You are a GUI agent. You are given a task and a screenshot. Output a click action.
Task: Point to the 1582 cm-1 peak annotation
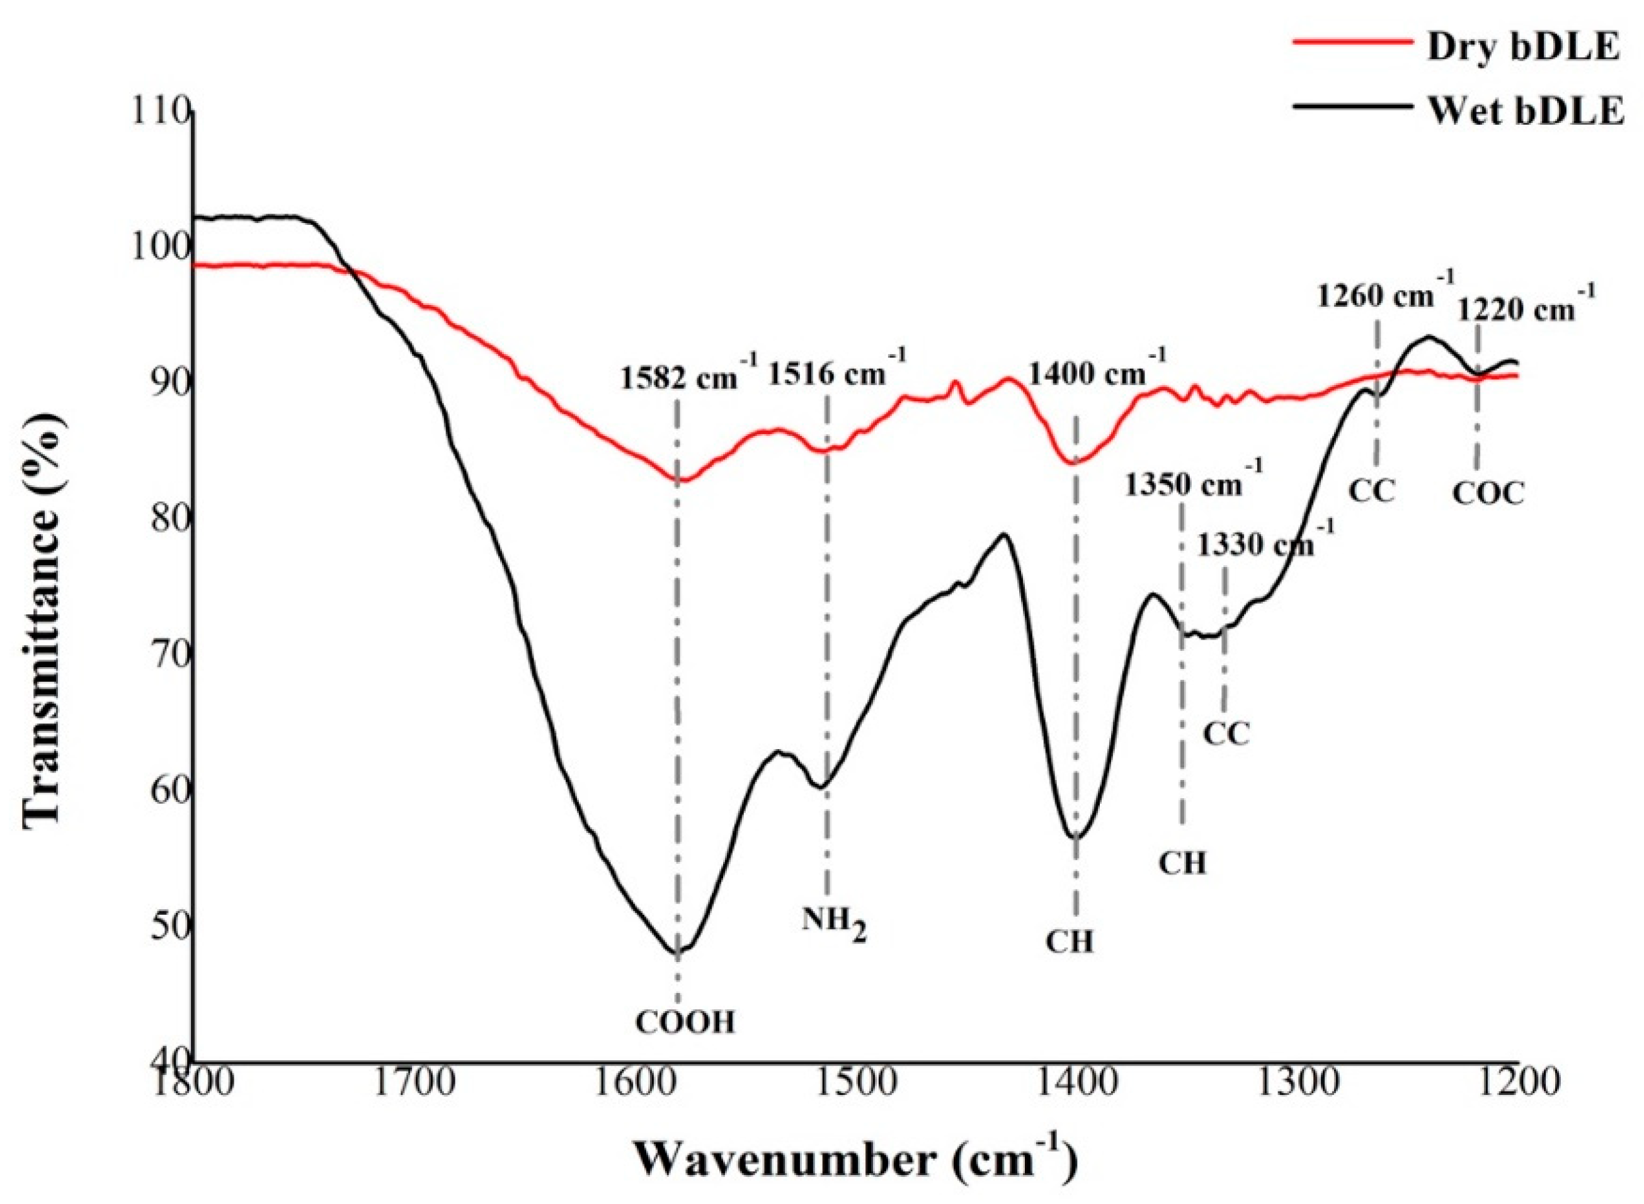pyautogui.click(x=688, y=378)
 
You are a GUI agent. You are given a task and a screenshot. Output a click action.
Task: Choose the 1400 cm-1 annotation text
pyautogui.click(x=1097, y=373)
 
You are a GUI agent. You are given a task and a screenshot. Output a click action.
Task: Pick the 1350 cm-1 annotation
pyautogui.click(x=1193, y=483)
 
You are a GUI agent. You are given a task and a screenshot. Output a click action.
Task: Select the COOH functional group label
pyautogui.click(x=685, y=1023)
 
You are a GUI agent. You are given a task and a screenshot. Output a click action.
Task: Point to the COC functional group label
pyautogui.click(x=1488, y=494)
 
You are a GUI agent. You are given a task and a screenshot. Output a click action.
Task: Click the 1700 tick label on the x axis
pyautogui.click(x=413, y=1082)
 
